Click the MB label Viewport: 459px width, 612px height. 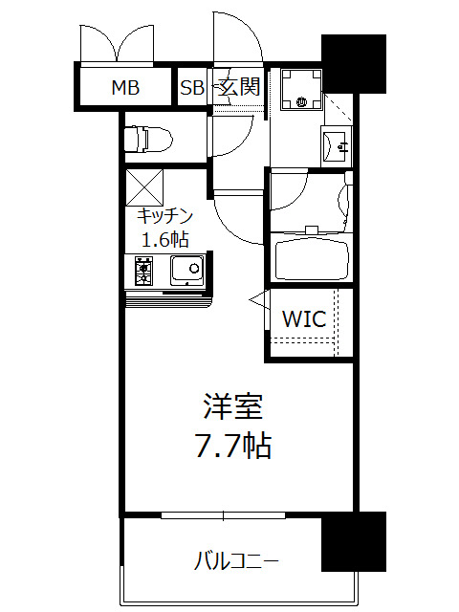125,89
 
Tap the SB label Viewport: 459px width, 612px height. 192,89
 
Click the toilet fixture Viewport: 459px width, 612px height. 149,139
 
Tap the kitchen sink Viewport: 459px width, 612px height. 186,270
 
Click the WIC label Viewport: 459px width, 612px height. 304,319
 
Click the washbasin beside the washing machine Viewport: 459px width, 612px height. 338,145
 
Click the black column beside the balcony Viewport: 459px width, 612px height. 353,542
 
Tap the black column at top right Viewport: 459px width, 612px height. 353,63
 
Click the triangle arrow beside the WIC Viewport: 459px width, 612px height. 256,301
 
